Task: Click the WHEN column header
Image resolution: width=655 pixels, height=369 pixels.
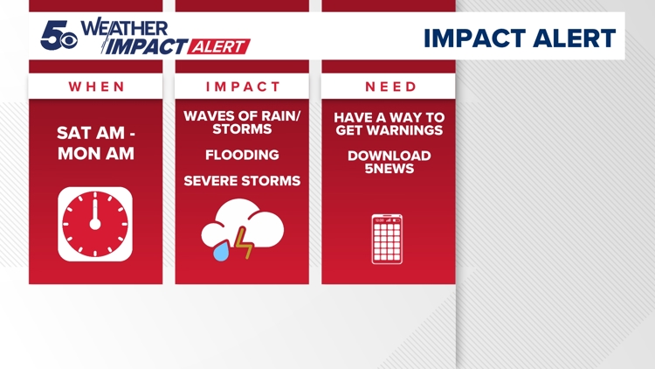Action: [x=95, y=87]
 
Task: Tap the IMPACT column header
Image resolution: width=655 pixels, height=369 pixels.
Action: [x=242, y=87]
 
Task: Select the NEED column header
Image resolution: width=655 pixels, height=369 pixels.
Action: [x=389, y=87]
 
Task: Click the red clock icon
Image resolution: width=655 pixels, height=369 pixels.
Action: [x=95, y=223]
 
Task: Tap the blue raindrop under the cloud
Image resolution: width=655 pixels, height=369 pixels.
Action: [x=220, y=250]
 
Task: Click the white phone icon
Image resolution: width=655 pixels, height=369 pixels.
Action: [x=387, y=239]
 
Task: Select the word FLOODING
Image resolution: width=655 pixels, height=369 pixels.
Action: [x=242, y=155]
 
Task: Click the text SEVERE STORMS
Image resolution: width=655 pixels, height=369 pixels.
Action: [x=242, y=181]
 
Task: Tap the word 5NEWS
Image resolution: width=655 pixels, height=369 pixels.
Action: [x=389, y=169]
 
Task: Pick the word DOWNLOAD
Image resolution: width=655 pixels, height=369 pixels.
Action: [x=389, y=156]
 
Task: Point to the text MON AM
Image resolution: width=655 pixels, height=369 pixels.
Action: [x=96, y=153]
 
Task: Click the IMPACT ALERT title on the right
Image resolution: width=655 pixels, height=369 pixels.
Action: [x=519, y=38]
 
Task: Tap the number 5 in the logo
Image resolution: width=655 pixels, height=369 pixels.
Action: [x=55, y=35]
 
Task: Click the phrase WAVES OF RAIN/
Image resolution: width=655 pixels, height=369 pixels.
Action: [x=242, y=116]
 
